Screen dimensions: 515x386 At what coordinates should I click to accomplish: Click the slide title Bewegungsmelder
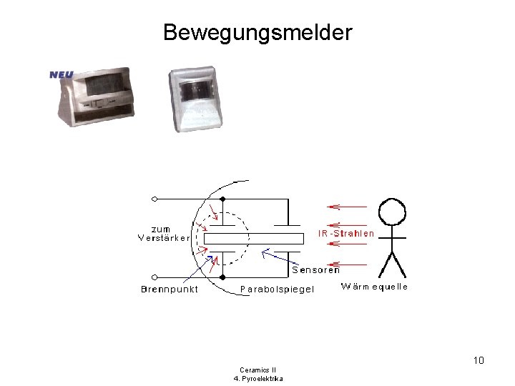point(257,33)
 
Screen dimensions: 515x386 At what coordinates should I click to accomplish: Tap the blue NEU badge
point(62,74)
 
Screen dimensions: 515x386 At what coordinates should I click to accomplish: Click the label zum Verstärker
point(164,233)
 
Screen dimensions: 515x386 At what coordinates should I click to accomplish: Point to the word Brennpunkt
point(169,289)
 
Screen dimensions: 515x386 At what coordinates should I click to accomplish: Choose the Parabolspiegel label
point(277,289)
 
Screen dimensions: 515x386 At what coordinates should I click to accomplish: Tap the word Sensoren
point(315,270)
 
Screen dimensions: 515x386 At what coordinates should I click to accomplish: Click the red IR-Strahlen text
point(346,234)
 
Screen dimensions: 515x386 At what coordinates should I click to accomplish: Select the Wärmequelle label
point(374,287)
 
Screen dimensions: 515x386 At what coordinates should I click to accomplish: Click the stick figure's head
point(391,212)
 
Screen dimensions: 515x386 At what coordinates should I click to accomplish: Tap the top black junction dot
point(222,199)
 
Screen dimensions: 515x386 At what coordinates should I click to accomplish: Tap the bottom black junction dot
point(222,277)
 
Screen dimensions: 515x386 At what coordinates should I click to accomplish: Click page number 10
point(479,360)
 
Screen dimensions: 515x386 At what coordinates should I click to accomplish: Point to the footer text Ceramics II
point(257,370)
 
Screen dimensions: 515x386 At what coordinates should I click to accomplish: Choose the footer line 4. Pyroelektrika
point(257,378)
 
